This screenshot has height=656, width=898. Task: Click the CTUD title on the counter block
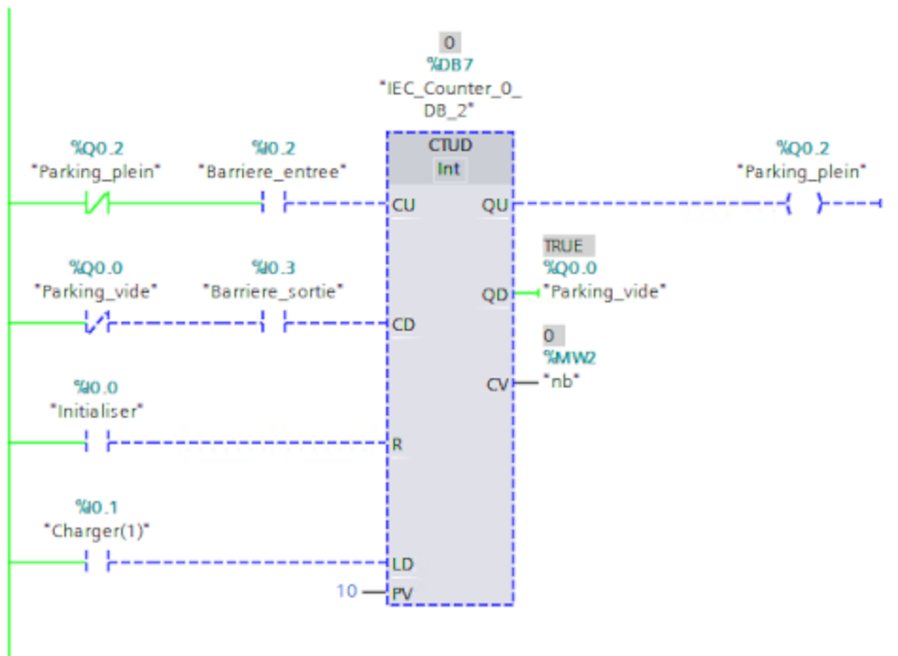pos(450,147)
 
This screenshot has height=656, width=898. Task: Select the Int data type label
pos(450,169)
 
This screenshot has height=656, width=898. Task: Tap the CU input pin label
pos(403,205)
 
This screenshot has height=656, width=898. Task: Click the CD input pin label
pos(404,325)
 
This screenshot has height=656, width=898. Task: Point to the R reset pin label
pos(398,443)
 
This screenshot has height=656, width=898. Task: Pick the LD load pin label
pos(403,564)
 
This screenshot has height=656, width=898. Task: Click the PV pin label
pos(403,594)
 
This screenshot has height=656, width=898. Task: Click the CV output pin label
pos(496,384)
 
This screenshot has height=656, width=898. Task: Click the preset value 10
pos(347,592)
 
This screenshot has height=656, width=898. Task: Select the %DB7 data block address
pos(450,65)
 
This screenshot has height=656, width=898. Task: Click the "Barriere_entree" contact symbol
pos(274,203)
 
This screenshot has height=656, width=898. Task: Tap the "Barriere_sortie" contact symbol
pos(274,323)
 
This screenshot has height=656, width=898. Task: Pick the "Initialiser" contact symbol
pos(96,442)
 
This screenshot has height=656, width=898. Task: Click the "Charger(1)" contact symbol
pos(96,562)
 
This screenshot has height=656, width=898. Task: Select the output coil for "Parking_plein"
pos(803,203)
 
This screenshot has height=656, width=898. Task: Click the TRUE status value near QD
pos(563,247)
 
